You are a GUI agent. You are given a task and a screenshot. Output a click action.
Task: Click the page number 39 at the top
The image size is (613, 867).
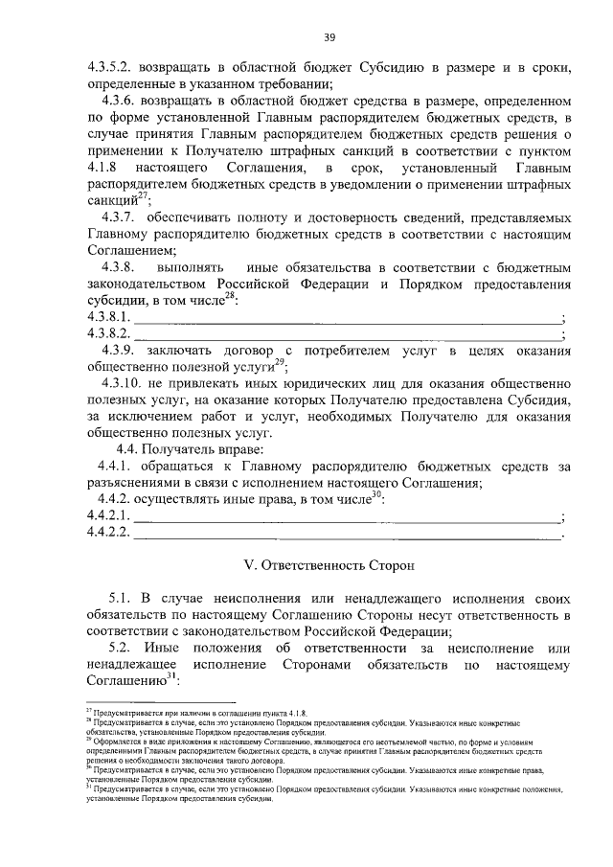point(329,37)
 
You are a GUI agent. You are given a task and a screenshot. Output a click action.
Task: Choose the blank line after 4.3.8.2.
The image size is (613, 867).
point(346,334)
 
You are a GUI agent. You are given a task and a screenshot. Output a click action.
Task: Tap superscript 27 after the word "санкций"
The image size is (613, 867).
point(142,195)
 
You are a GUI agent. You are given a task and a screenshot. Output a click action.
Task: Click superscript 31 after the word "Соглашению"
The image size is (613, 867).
point(171,676)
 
